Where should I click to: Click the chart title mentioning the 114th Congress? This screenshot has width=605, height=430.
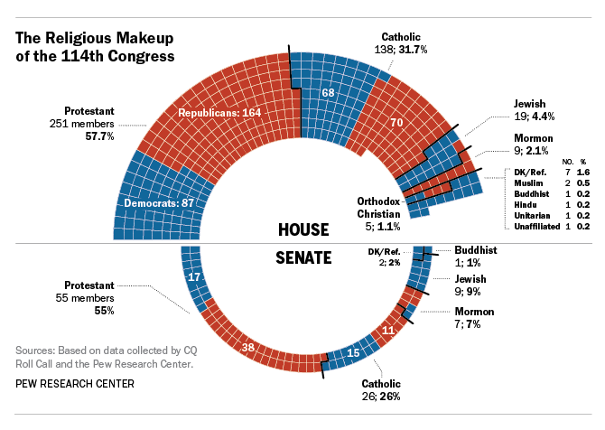pyautogui.click(x=96, y=47)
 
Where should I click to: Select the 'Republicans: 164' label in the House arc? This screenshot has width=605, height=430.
pyautogui.click(x=219, y=113)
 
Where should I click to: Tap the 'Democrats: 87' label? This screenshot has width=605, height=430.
pyautogui.click(x=161, y=202)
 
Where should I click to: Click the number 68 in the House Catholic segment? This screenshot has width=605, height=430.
pyautogui.click(x=329, y=93)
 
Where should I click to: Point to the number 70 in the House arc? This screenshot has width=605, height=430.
pyautogui.click(x=396, y=122)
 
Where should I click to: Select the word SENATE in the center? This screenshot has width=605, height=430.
pyautogui.click(x=302, y=258)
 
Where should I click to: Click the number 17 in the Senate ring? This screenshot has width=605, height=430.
pyautogui.click(x=193, y=277)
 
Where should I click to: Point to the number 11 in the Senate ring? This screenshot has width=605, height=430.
pyautogui.click(x=389, y=331)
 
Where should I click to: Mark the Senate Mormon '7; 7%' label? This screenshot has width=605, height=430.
pyautogui.click(x=474, y=317)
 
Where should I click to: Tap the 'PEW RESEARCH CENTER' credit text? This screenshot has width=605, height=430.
pyautogui.click(x=75, y=384)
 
